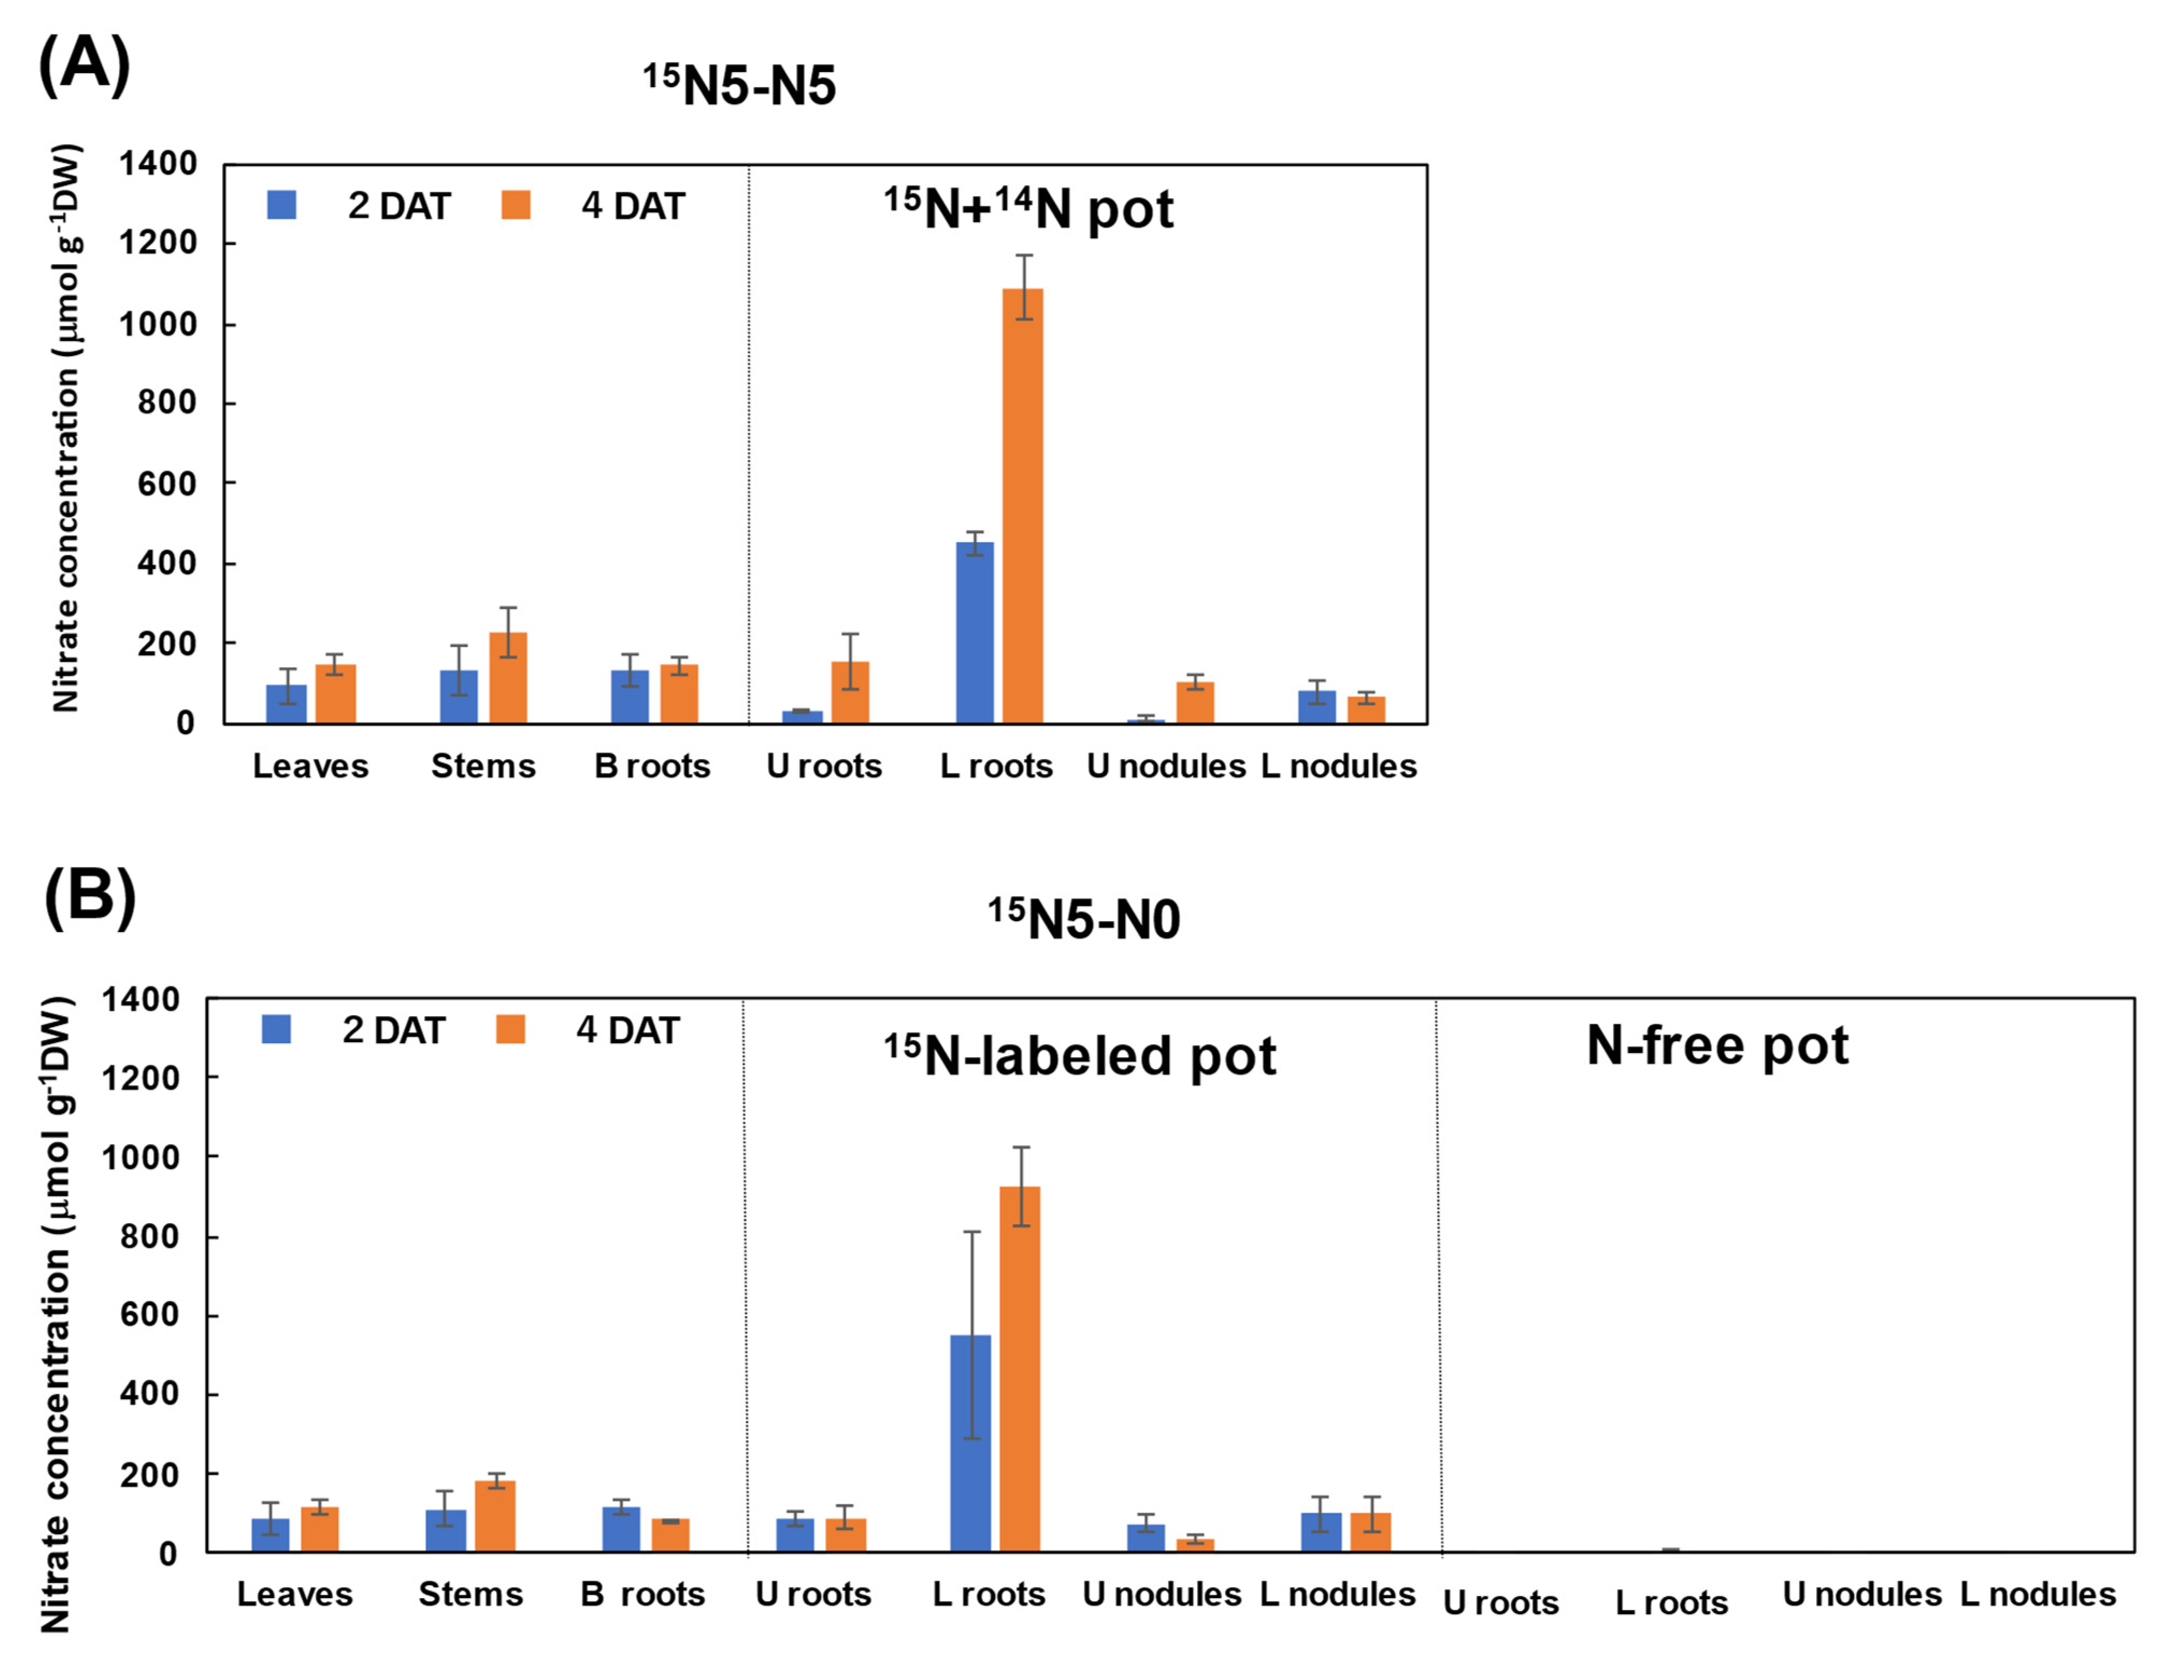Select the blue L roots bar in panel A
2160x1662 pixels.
tap(974, 633)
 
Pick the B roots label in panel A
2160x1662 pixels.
tap(652, 766)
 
